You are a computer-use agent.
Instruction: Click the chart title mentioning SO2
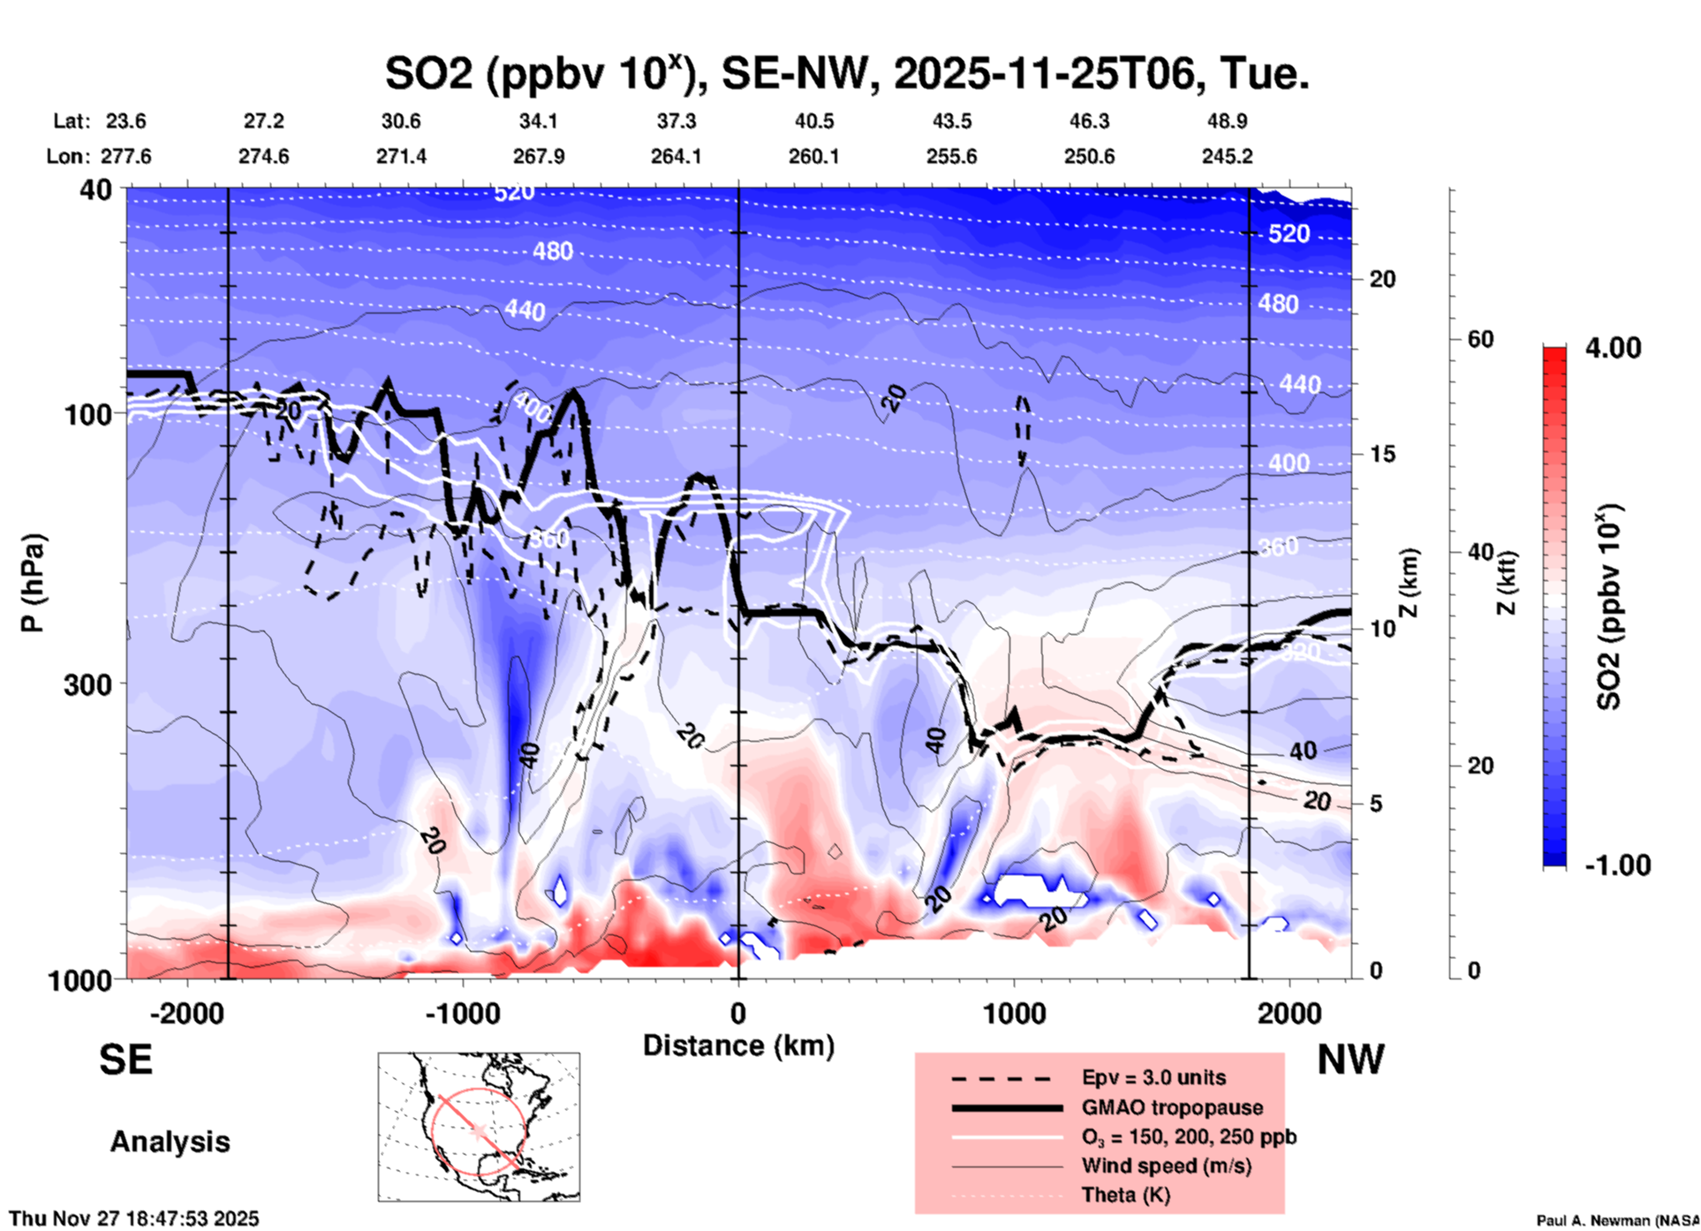[x=846, y=74]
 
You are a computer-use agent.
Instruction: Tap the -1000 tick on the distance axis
[x=463, y=1014]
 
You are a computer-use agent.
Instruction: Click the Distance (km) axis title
[x=738, y=1046]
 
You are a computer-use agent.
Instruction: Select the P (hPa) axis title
[x=33, y=583]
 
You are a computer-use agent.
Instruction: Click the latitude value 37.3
[x=676, y=121]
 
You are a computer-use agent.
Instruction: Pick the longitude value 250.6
[x=1088, y=156]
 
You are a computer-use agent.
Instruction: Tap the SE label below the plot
[x=125, y=1060]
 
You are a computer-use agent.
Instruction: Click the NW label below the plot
[x=1350, y=1060]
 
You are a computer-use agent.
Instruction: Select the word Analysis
[x=170, y=1142]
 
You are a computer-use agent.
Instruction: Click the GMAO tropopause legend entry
[x=1172, y=1107]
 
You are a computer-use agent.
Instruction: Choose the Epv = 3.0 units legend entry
[x=1153, y=1077]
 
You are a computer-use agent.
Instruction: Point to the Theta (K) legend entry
[x=1125, y=1195]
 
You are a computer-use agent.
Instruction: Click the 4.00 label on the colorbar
[x=1613, y=347]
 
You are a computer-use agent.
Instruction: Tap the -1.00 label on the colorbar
[x=1617, y=865]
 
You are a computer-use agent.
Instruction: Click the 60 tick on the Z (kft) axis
[x=1480, y=339]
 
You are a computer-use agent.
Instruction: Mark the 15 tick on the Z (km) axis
[x=1382, y=454]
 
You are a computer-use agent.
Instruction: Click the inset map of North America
[x=479, y=1126]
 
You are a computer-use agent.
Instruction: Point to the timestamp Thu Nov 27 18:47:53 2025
[x=134, y=1219]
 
